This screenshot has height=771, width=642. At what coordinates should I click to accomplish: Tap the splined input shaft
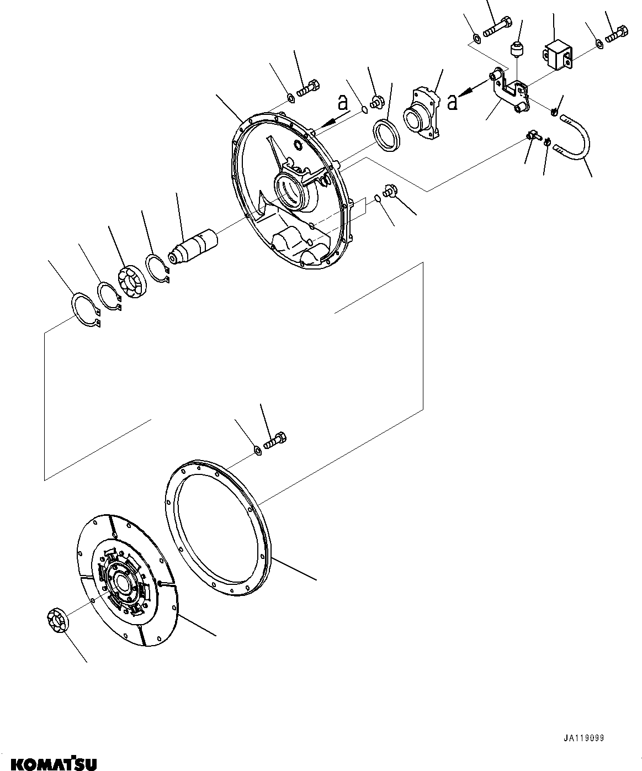click(194, 247)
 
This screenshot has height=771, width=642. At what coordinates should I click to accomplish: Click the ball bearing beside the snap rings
click(131, 282)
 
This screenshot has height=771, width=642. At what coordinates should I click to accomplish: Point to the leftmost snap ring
click(87, 310)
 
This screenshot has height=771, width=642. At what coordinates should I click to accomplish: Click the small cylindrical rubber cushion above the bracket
click(517, 49)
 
